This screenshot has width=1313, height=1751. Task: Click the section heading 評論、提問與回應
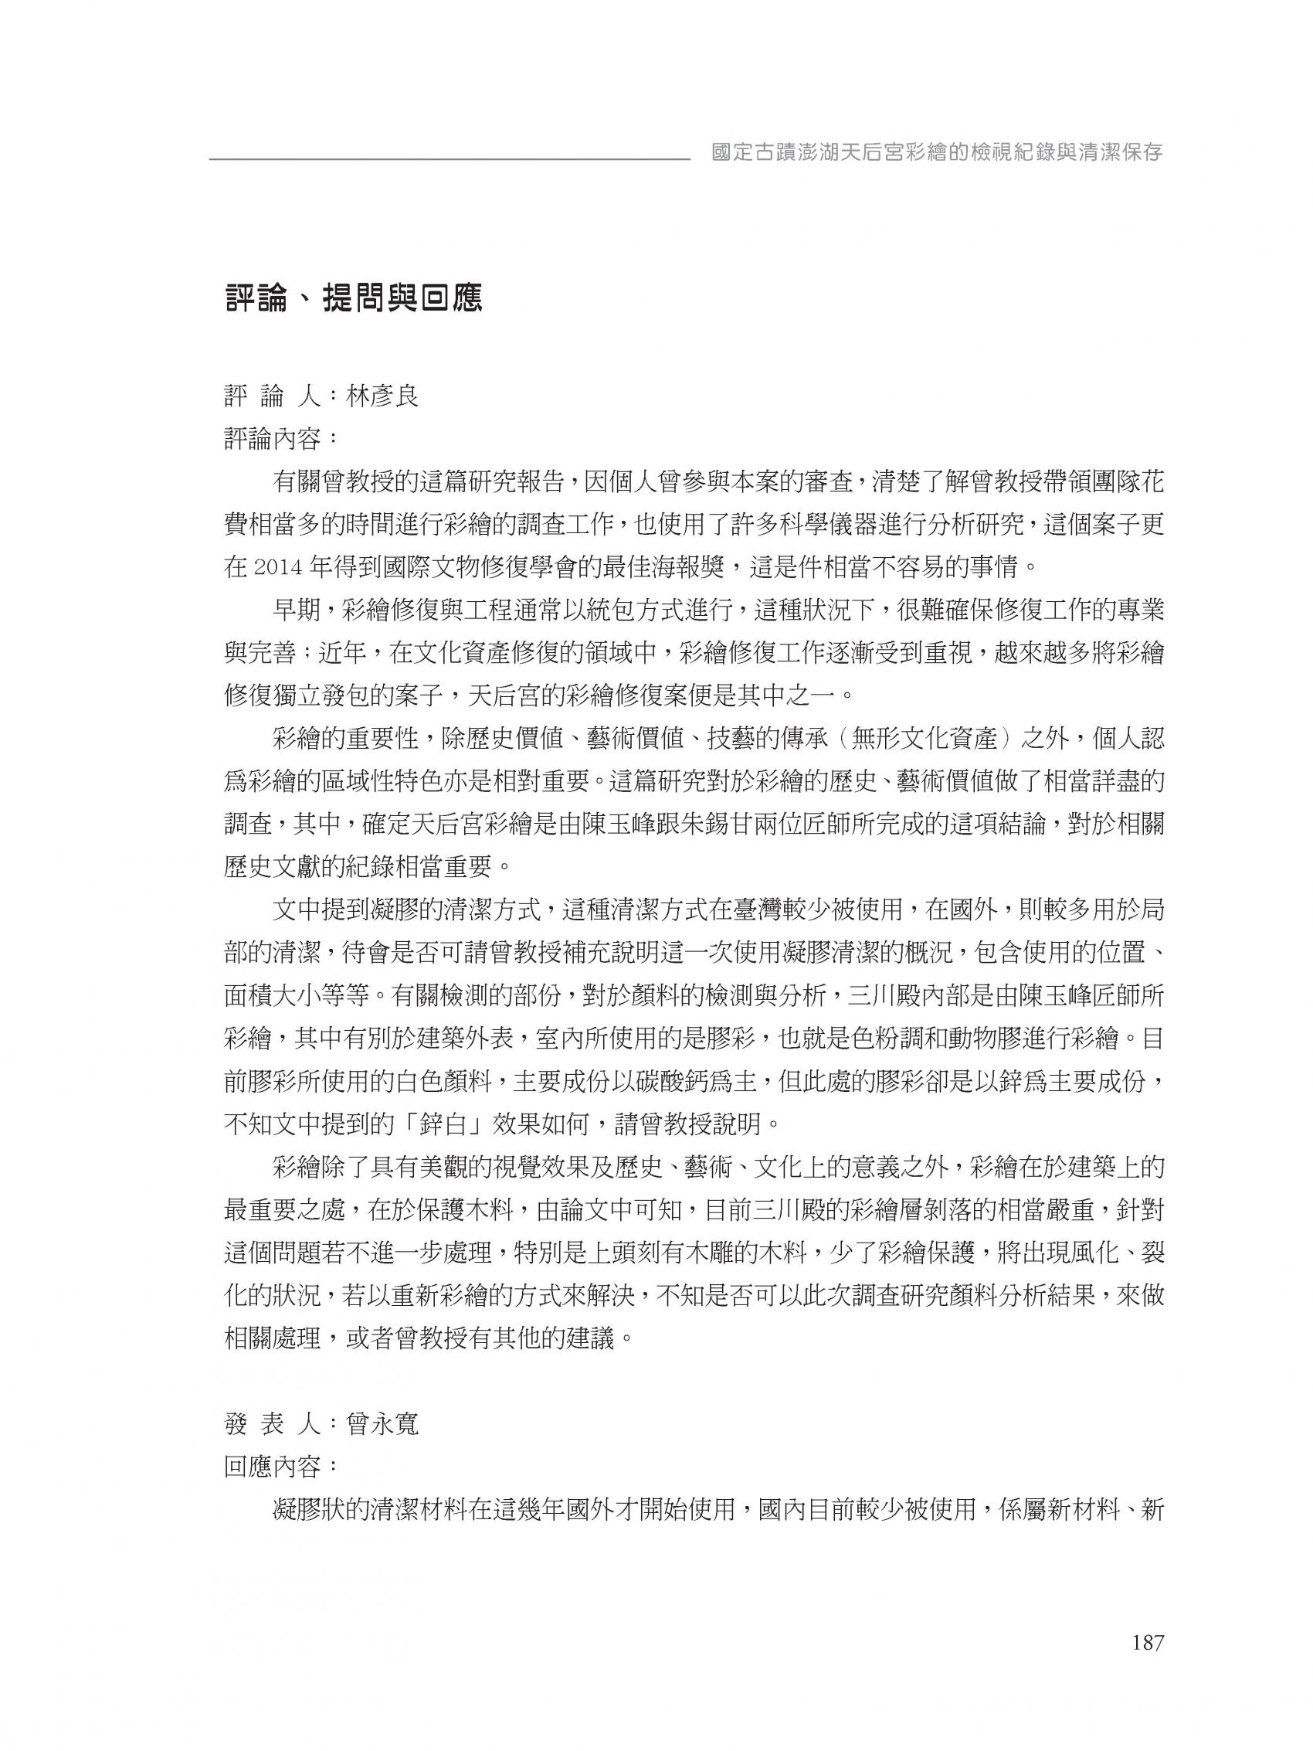click(353, 299)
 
